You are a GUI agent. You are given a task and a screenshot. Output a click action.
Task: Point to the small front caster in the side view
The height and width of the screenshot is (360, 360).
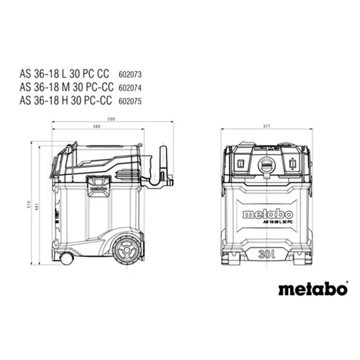coord(67,256)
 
